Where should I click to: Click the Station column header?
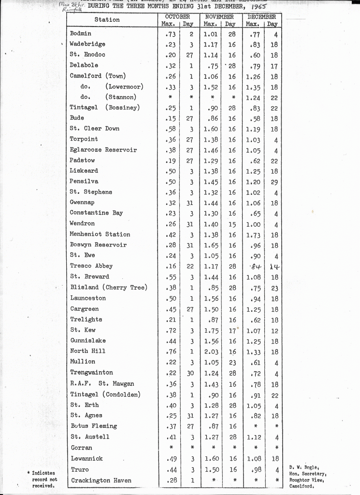tap(107, 20)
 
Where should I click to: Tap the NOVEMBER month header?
tap(219, 16)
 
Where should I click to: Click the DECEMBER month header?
tap(261, 16)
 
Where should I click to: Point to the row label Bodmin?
tap(80, 33)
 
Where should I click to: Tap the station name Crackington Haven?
tap(101, 480)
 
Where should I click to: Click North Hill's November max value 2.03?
tap(211, 351)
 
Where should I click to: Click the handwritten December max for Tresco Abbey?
tap(255, 266)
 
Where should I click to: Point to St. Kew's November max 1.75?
tap(211, 330)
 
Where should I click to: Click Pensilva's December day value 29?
tap(274, 182)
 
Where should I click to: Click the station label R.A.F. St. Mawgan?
tap(102, 384)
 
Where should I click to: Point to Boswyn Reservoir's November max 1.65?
tap(211, 245)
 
